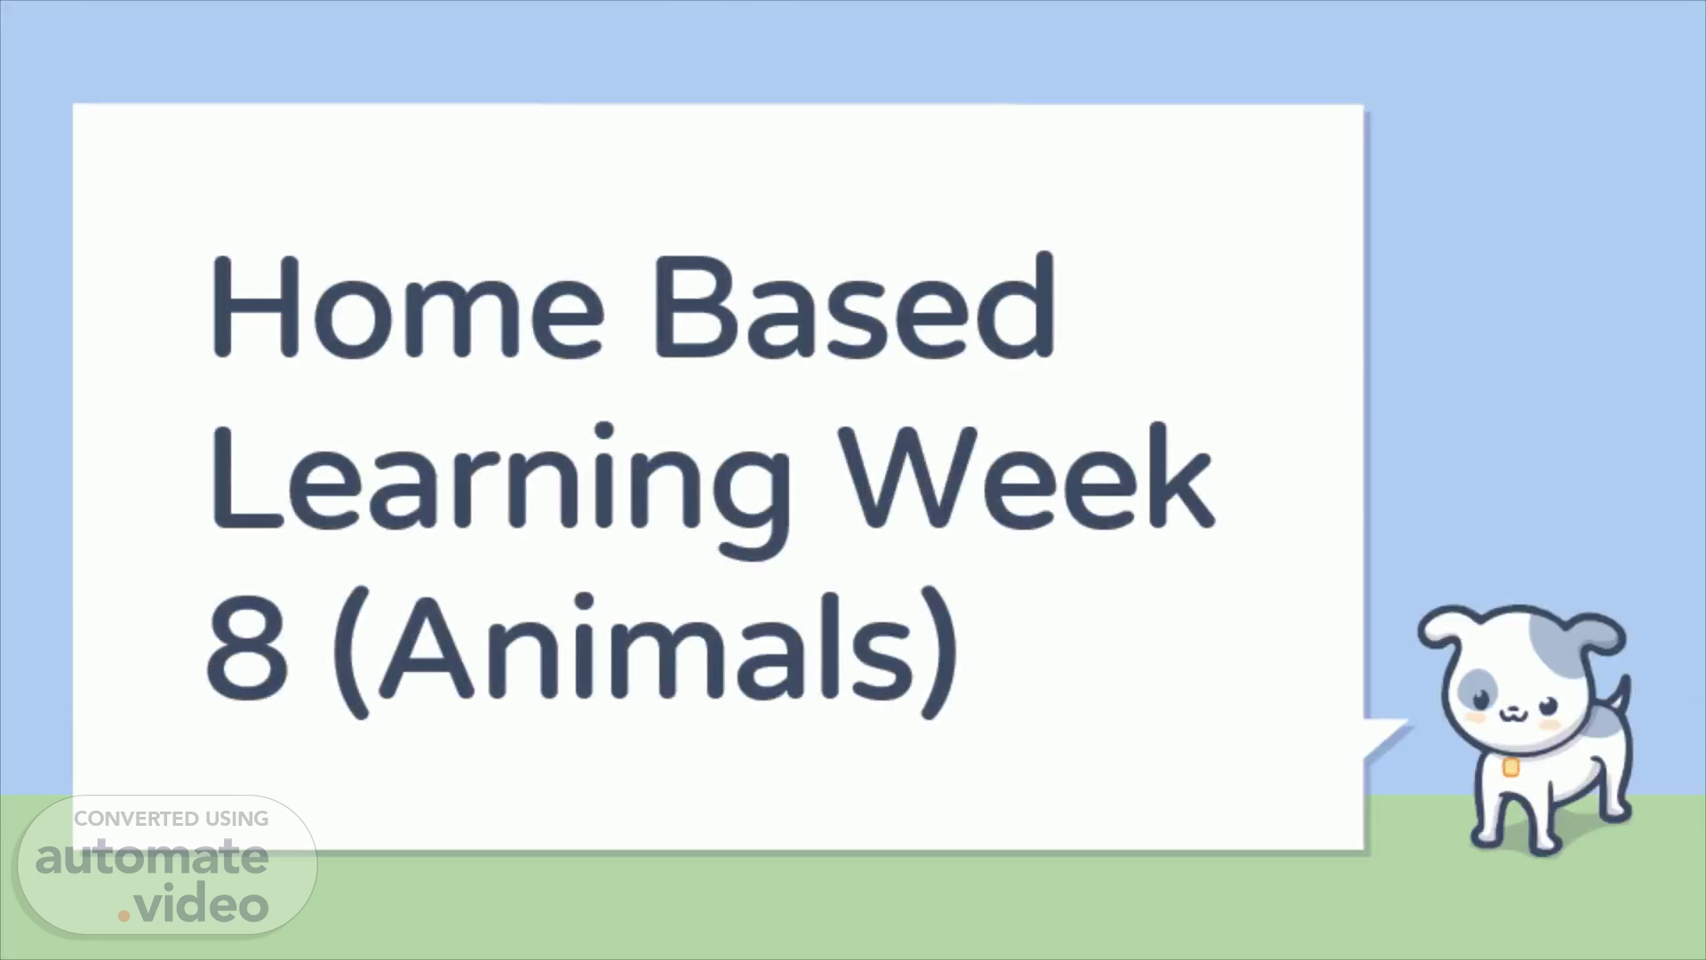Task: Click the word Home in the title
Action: click(x=408, y=307)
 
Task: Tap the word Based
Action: click(x=854, y=305)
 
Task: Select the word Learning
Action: click(x=500, y=489)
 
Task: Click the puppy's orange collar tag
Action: click(x=1511, y=766)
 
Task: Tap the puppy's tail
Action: click(x=1619, y=698)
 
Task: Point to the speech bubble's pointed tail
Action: click(x=1386, y=738)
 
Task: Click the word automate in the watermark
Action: click(x=152, y=857)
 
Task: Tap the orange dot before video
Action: click(x=124, y=915)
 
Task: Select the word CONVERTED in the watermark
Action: click(x=136, y=819)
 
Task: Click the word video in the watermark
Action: click(x=201, y=904)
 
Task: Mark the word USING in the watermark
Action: click(x=236, y=819)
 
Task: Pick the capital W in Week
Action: click(x=907, y=476)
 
